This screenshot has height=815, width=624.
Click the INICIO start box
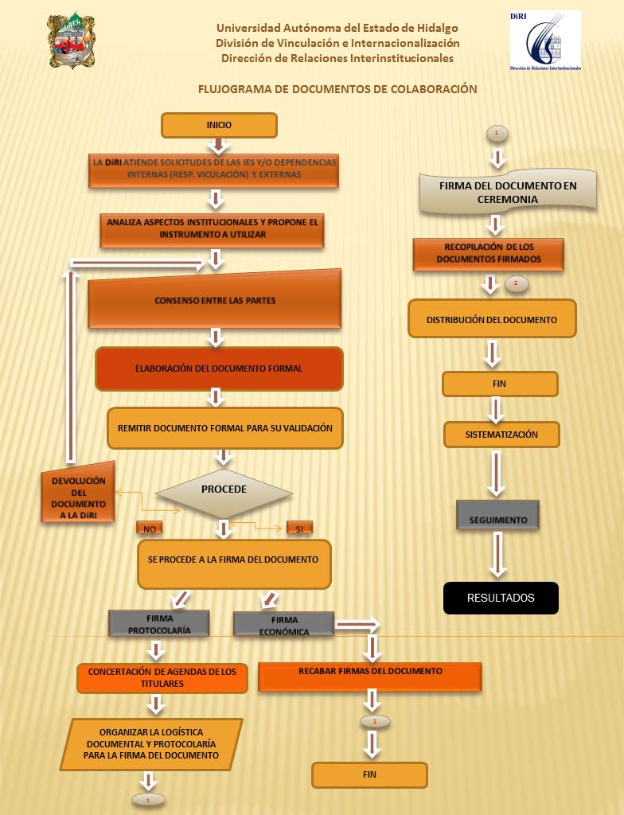click(219, 125)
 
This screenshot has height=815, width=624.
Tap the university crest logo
click(72, 41)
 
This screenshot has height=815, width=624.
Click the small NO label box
click(149, 528)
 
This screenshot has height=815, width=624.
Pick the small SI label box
click(299, 528)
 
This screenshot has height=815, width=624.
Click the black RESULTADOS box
click(501, 598)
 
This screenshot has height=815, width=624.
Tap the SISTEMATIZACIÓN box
click(501, 435)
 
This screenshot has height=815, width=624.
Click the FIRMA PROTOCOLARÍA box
click(158, 623)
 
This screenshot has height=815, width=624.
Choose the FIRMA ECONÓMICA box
click(283, 624)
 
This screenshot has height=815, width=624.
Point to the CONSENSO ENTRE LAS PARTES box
click(214, 300)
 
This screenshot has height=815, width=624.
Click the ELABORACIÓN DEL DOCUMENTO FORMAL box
click(219, 369)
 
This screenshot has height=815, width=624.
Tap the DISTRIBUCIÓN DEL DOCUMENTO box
click(491, 319)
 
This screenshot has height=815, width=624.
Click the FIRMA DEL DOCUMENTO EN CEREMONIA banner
click(508, 192)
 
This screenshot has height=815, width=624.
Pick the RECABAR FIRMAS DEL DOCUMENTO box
click(370, 676)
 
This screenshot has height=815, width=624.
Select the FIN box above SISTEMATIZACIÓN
click(500, 384)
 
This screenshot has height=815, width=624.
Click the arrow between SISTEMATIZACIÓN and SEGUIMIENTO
click(497, 473)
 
